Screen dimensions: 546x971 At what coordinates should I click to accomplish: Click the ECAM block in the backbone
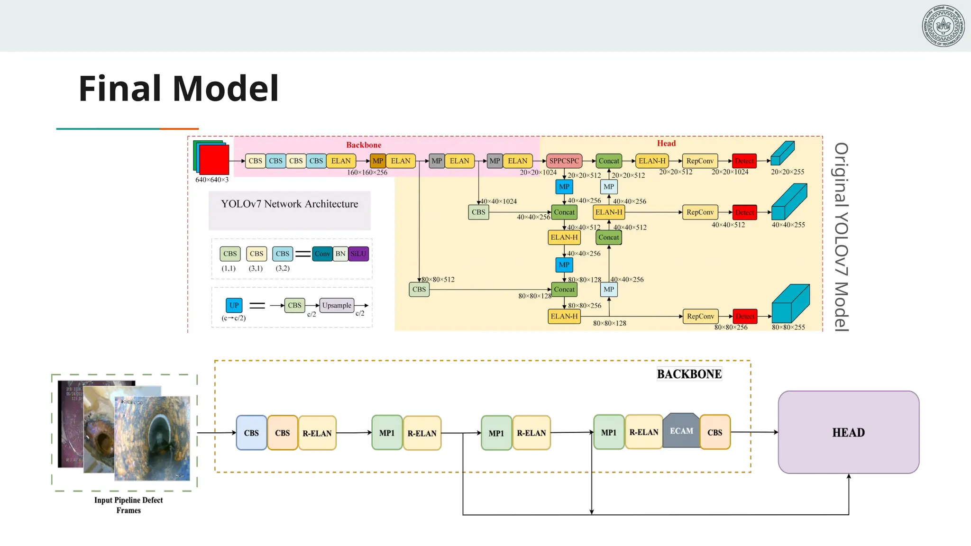pyautogui.click(x=681, y=431)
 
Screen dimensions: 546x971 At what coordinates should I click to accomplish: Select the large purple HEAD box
pyautogui.click(x=848, y=432)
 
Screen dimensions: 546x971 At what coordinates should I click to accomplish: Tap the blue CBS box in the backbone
pyautogui.click(x=251, y=433)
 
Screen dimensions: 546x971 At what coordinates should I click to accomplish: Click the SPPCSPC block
pyautogui.click(x=564, y=161)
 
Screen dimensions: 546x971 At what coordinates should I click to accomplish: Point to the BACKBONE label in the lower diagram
pyautogui.click(x=689, y=374)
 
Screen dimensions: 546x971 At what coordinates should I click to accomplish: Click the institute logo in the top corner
pyautogui.click(x=943, y=26)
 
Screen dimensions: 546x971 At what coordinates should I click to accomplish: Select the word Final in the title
pyautogui.click(x=120, y=89)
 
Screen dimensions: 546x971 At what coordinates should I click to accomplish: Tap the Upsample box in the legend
pyautogui.click(x=337, y=305)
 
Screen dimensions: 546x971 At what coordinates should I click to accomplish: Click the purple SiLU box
pyautogui.click(x=358, y=254)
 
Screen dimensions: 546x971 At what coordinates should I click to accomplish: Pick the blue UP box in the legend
pyautogui.click(x=234, y=305)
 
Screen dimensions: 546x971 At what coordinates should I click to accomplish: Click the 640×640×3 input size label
pyautogui.click(x=212, y=180)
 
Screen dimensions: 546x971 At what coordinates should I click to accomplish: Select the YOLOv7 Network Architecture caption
pyautogui.click(x=289, y=204)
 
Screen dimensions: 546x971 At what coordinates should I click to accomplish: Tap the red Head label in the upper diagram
pyautogui.click(x=666, y=143)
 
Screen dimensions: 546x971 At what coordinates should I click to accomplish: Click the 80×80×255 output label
pyautogui.click(x=788, y=327)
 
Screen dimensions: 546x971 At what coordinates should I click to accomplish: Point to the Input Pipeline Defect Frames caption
pyautogui.click(x=128, y=505)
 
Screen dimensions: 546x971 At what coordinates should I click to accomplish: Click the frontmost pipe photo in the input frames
pyautogui.click(x=153, y=438)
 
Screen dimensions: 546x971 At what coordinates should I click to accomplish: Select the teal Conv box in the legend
pyautogui.click(x=322, y=254)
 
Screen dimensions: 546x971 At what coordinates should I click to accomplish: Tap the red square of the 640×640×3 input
pyautogui.click(x=214, y=160)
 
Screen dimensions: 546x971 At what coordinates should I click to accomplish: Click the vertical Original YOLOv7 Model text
pyautogui.click(x=841, y=237)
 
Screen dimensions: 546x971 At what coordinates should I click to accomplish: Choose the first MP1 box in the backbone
pyautogui.click(x=387, y=433)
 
